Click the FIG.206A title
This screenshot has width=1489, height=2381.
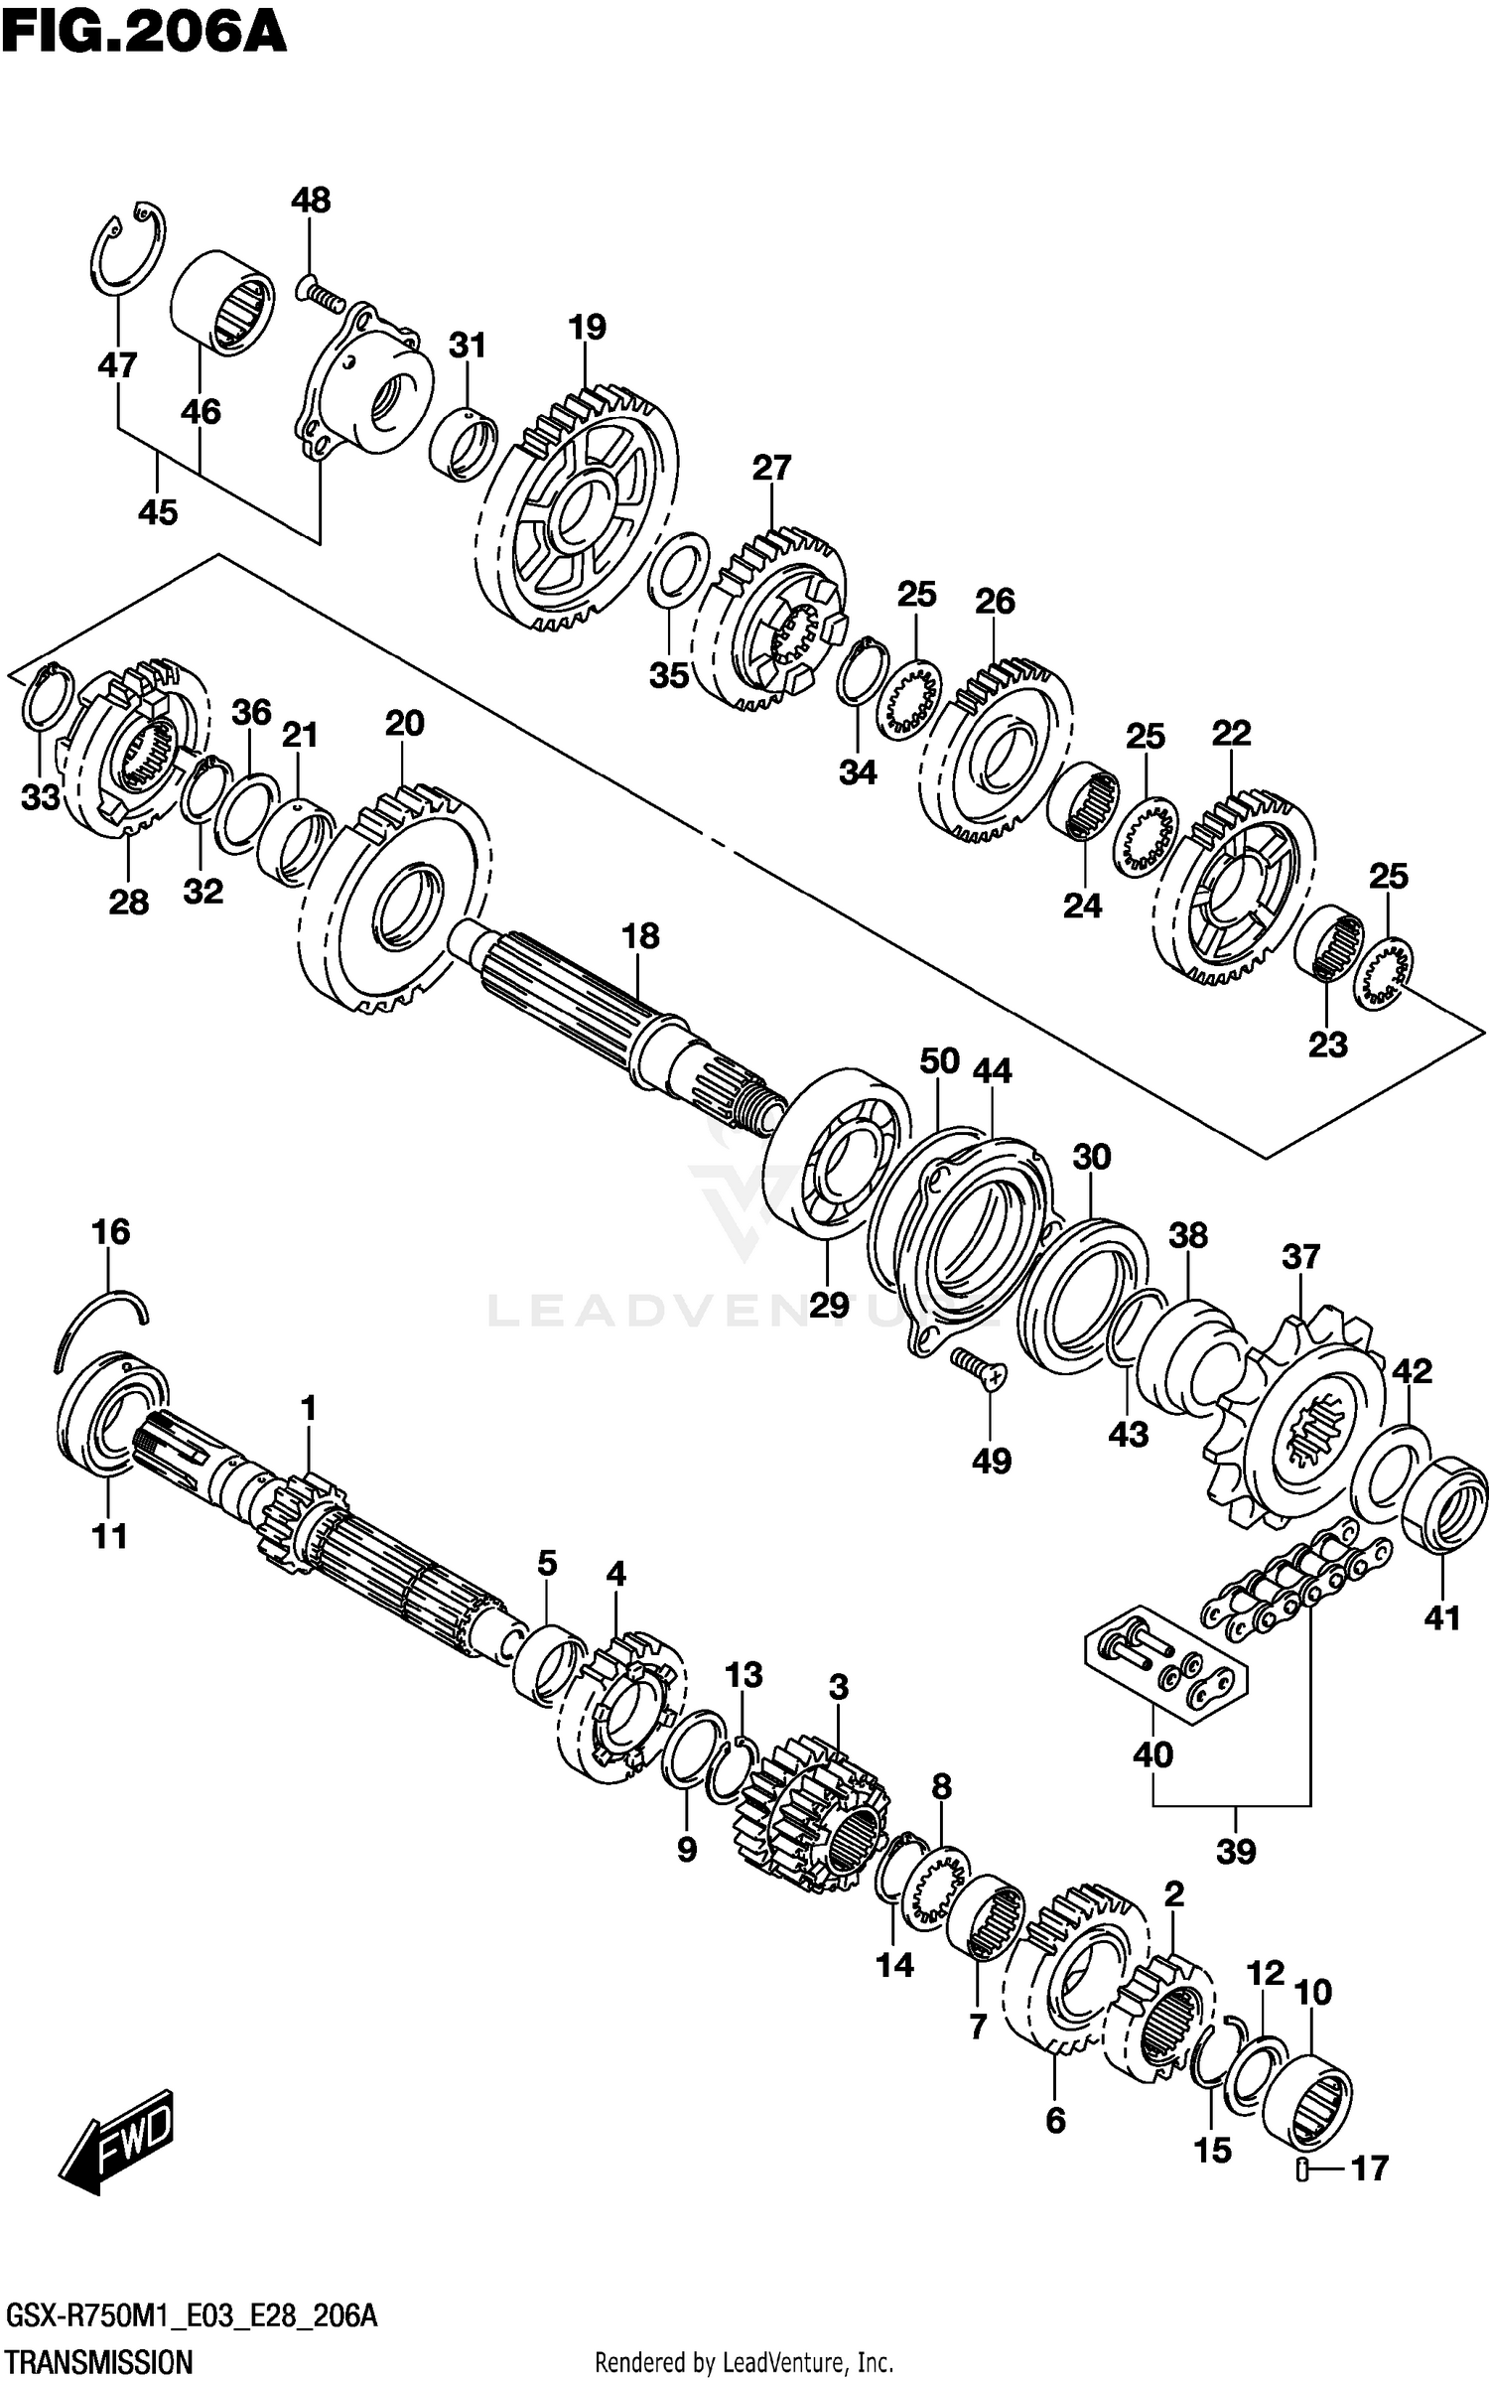pos(144,33)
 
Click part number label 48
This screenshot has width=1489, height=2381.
pos(310,200)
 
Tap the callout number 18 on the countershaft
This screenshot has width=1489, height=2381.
pos(640,935)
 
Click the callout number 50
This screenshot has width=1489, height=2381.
pos(938,1060)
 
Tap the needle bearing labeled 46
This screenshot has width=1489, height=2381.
pos(222,302)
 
